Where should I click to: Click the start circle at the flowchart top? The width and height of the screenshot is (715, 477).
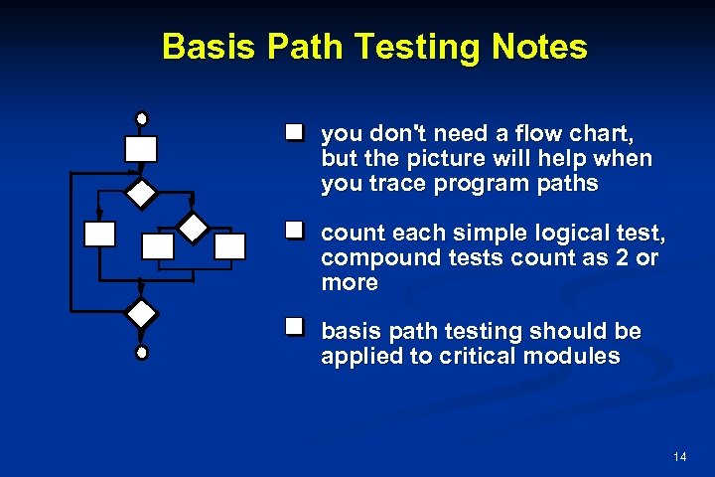141,118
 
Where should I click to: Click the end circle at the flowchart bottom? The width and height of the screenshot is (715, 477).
142,352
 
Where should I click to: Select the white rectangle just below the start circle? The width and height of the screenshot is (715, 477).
141,148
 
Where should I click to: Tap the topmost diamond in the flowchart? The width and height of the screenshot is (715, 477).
142,193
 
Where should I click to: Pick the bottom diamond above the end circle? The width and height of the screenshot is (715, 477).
142,314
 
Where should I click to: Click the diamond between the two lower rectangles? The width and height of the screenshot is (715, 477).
192,227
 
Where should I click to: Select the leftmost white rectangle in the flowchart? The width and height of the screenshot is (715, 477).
99,234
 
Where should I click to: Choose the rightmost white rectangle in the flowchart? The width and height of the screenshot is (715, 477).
230,245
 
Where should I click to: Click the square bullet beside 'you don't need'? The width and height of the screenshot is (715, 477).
294,132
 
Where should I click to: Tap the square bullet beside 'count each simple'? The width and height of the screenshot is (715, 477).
294,231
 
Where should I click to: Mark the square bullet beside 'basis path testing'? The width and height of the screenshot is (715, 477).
294,326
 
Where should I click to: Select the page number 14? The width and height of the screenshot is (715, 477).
679,456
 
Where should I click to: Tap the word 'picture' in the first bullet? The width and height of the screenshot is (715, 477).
432,158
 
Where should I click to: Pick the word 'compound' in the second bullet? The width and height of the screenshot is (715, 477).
366,258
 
